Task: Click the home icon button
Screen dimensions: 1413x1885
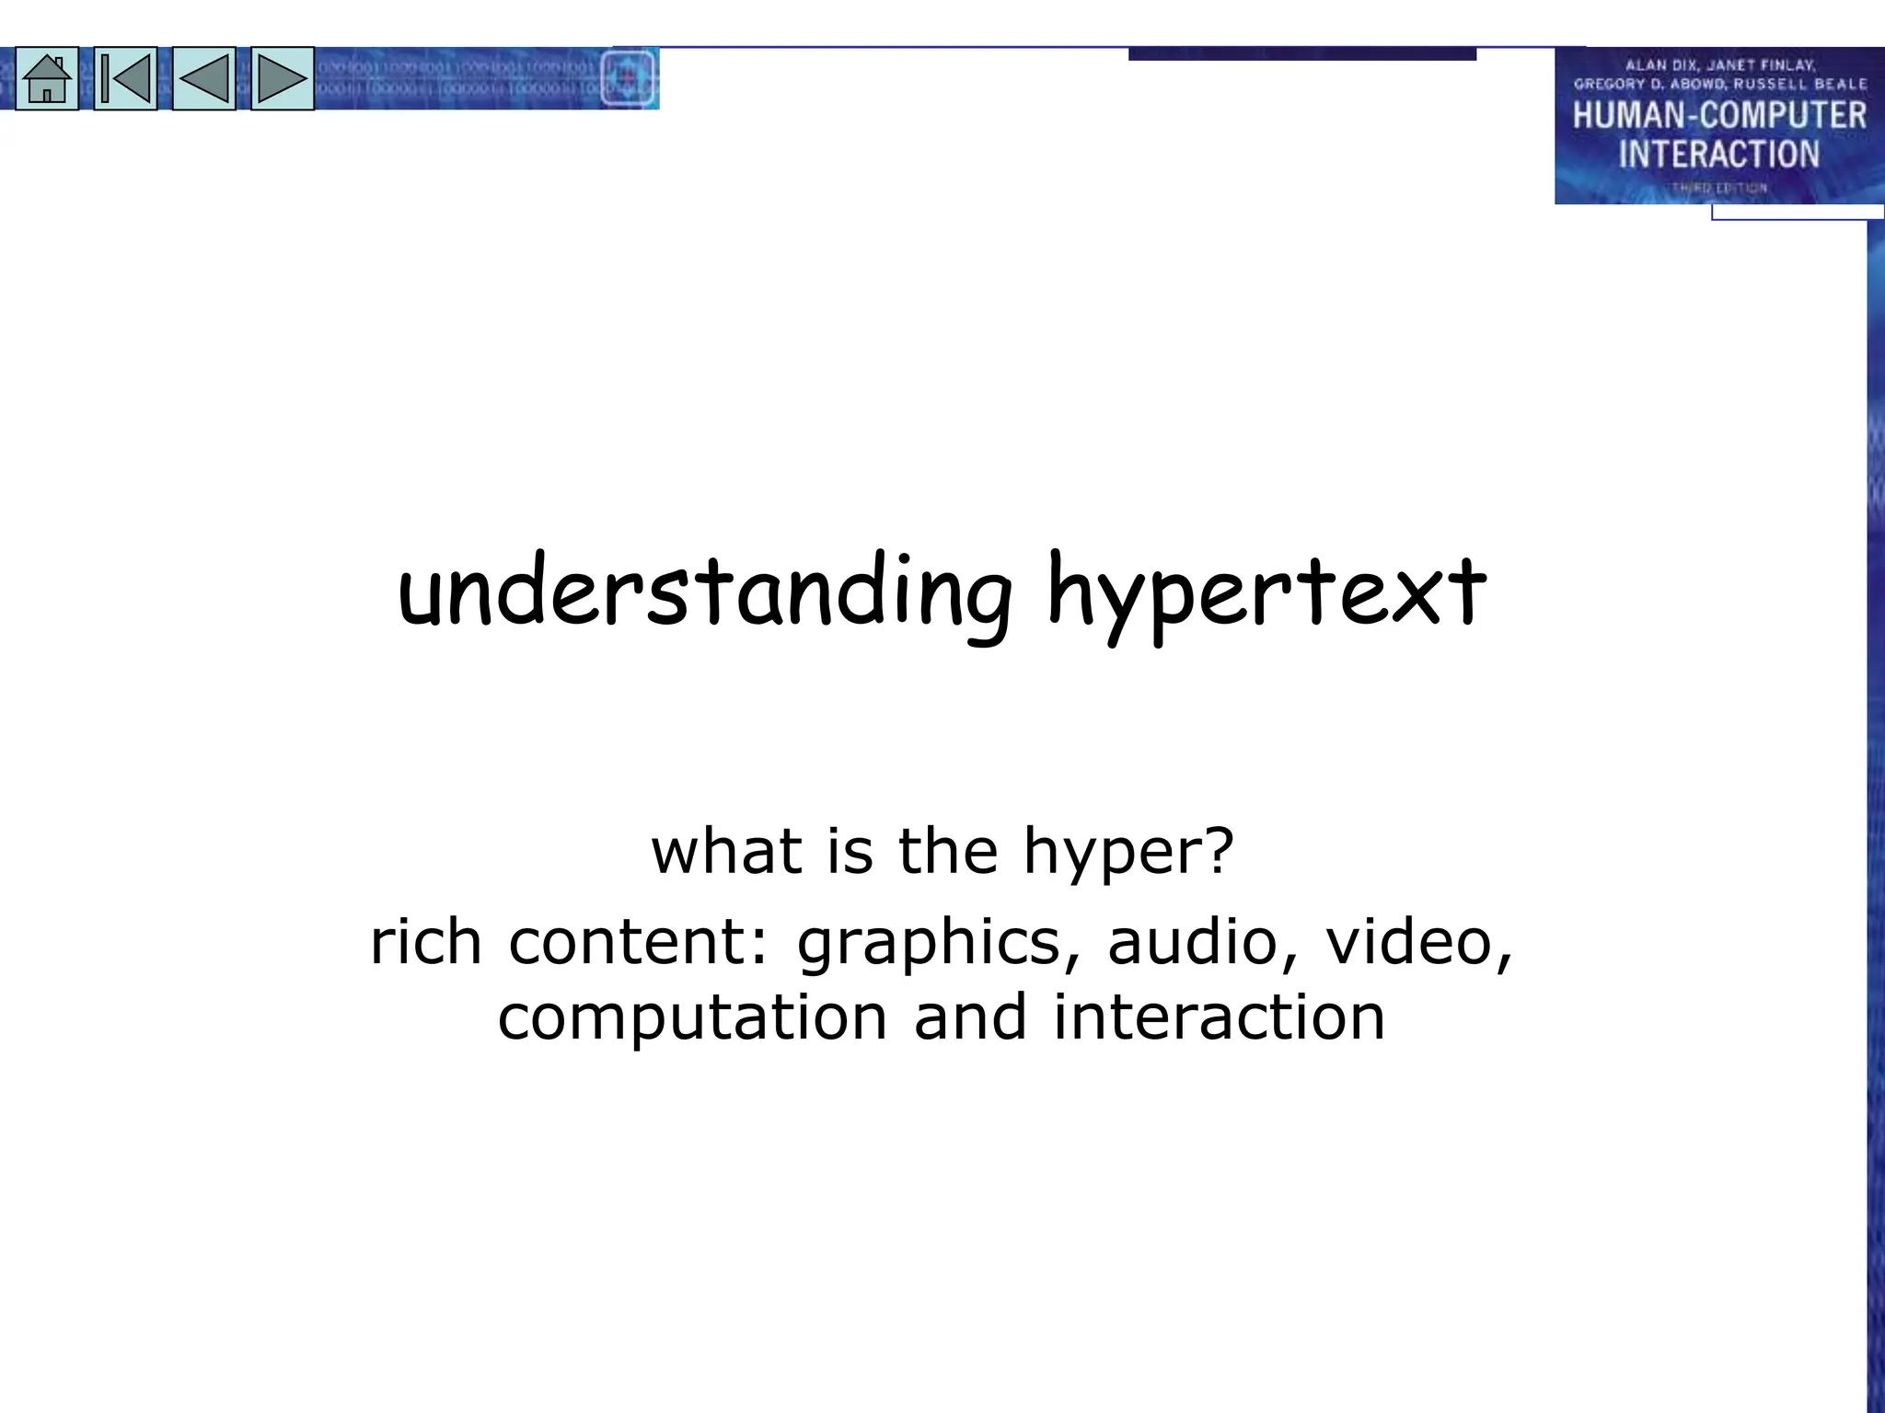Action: pos(47,79)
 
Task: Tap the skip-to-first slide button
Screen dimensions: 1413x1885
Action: pos(125,79)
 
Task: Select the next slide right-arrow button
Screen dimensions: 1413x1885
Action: pos(282,79)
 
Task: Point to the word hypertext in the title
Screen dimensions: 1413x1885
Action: pos(1266,593)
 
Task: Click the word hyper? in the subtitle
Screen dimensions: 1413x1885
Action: pos(1128,852)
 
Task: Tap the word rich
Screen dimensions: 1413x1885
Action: pos(426,942)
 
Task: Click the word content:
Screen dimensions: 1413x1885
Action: pos(638,942)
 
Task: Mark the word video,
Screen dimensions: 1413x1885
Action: pos(1418,942)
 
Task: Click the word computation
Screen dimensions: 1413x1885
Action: pos(693,1017)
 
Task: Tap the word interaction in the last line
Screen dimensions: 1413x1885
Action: pos(1219,1017)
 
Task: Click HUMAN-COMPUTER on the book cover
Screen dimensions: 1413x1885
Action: pos(1718,116)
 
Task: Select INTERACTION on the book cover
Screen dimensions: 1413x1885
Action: pos(1718,154)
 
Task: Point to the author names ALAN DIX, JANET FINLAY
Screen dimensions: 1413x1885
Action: pos(1719,65)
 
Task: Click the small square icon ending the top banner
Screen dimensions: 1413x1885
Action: pos(628,79)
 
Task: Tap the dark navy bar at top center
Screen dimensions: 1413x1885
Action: pos(1301,54)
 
